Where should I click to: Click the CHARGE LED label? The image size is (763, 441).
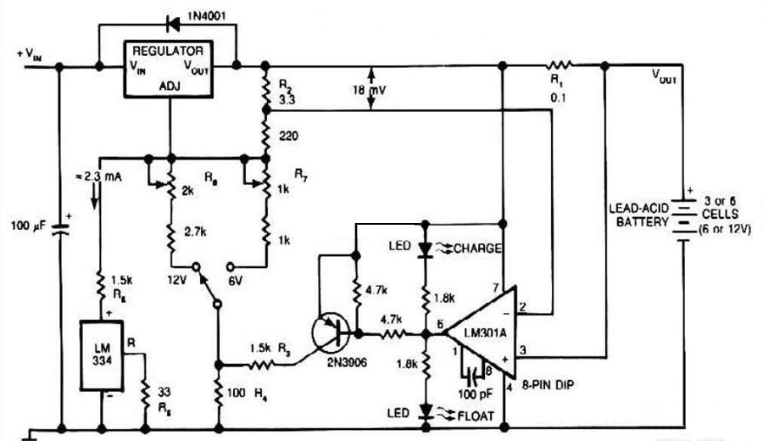pyautogui.click(x=477, y=248)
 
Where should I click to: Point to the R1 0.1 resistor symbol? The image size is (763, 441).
pyautogui.click(x=559, y=64)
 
